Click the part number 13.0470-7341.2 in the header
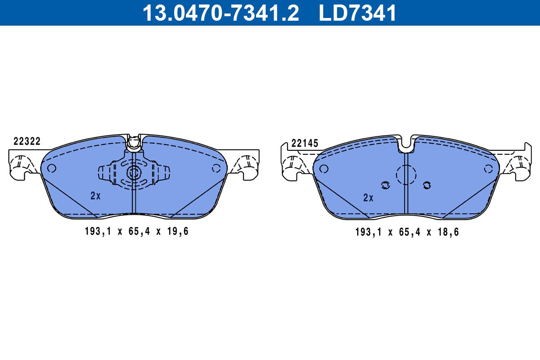click(x=221, y=13)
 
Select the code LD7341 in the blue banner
click(x=357, y=13)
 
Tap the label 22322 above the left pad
click(x=27, y=141)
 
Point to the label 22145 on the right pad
click(x=305, y=143)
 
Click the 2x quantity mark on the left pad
click(x=95, y=196)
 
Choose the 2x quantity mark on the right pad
click(x=369, y=198)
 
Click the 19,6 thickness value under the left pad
click(x=178, y=231)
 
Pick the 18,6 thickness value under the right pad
click(x=448, y=232)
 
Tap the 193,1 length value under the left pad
click(x=98, y=231)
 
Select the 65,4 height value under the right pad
click(x=409, y=232)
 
